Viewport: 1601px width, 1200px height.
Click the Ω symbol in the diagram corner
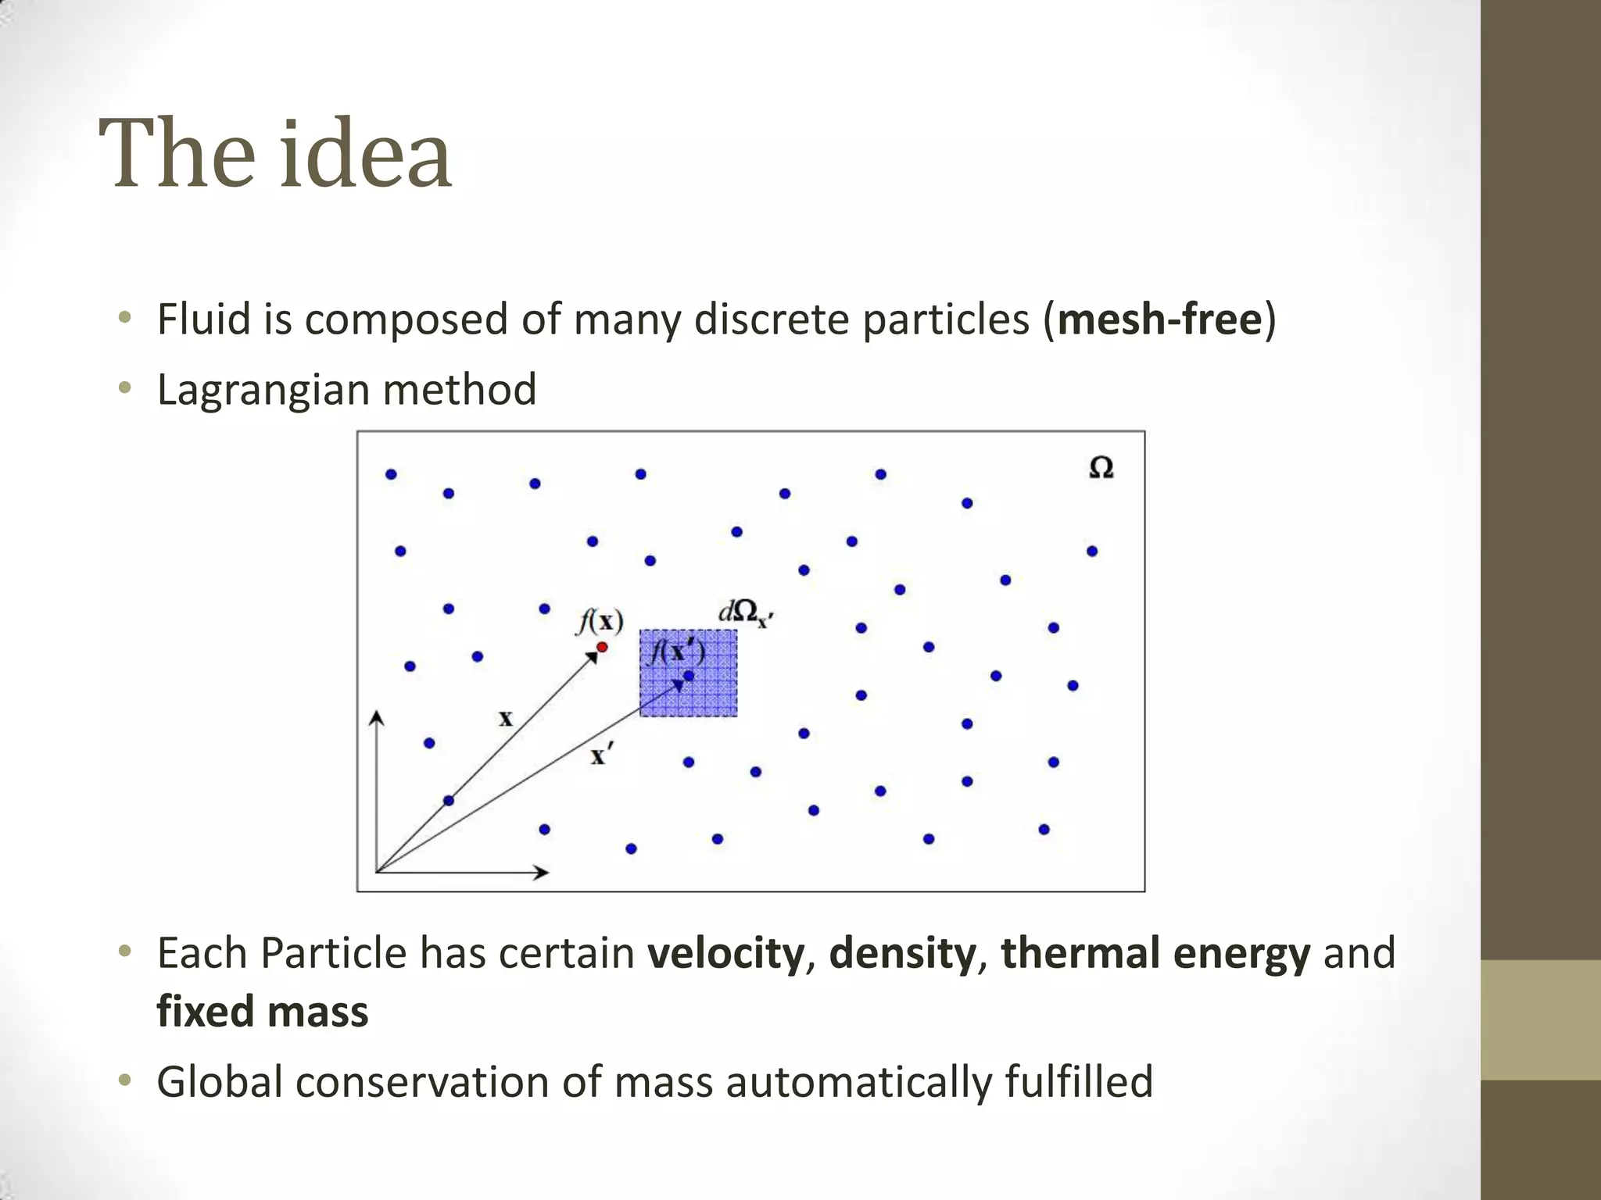click(1101, 468)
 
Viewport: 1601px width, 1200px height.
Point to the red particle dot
click(602, 647)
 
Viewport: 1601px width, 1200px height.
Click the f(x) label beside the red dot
click(600, 622)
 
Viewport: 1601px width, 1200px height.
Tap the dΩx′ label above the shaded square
click(745, 614)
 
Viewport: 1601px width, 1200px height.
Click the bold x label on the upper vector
click(506, 718)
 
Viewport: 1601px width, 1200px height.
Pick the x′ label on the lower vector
click(600, 755)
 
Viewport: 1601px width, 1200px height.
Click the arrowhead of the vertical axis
click(377, 717)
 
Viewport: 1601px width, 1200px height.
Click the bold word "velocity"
click(725, 953)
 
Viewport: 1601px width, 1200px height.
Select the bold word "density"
click(902, 953)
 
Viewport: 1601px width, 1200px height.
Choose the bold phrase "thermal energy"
click(1155, 953)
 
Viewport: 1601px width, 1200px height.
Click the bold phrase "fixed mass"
click(262, 1011)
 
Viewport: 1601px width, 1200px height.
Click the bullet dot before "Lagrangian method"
click(124, 388)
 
